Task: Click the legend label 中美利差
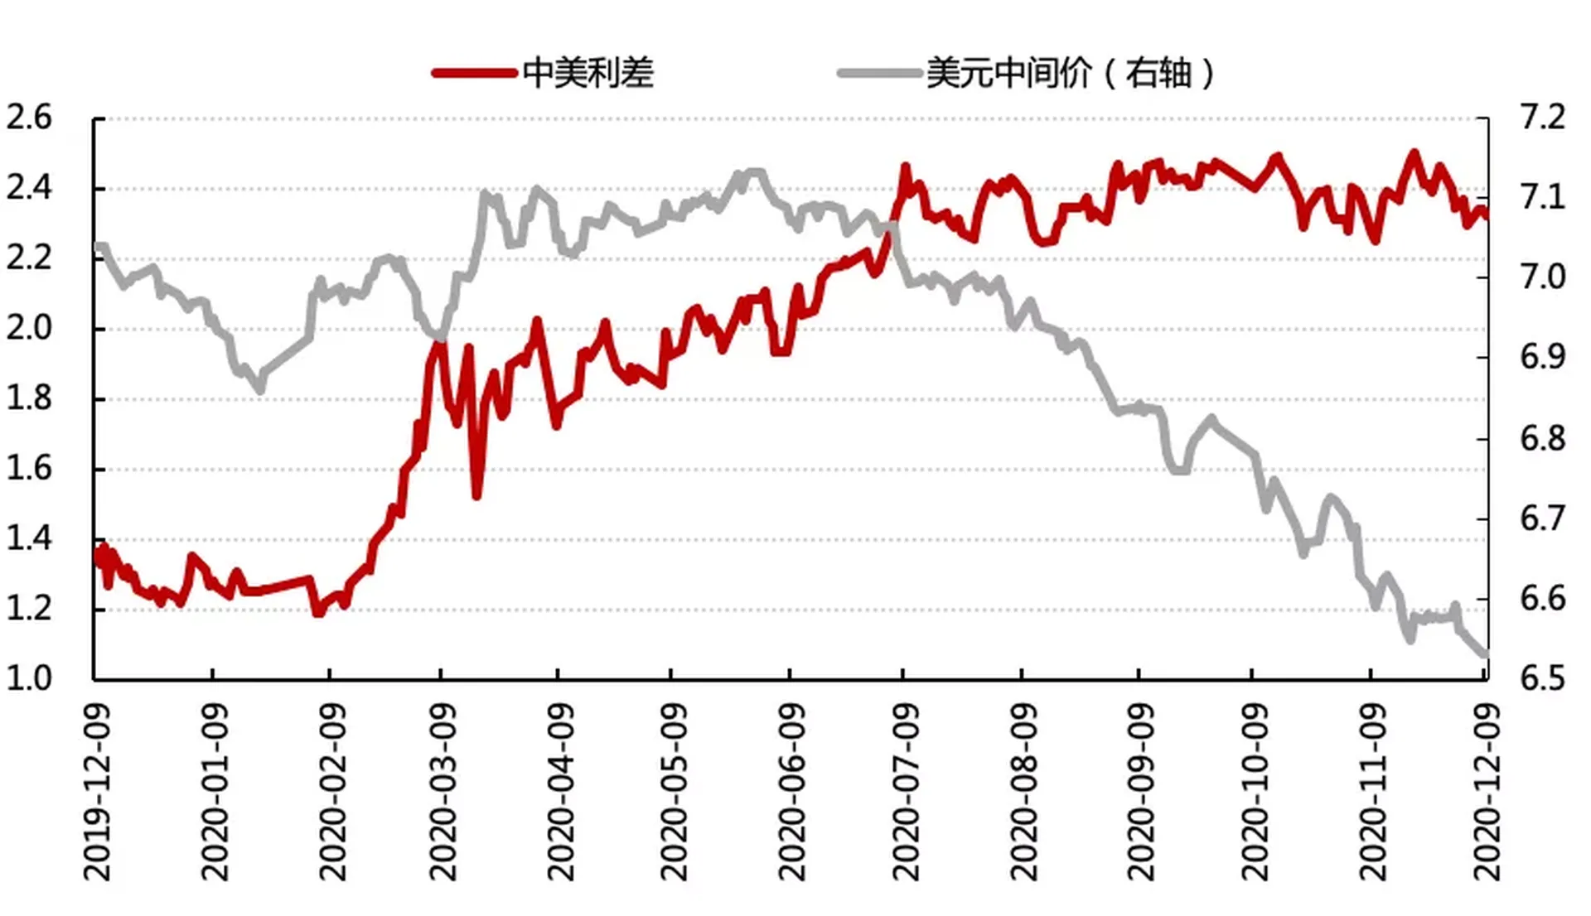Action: pos(588,73)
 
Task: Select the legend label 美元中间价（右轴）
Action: pos(1070,73)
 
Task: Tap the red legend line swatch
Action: pos(474,73)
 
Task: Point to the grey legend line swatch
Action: pos(879,73)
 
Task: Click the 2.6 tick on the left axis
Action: pos(29,118)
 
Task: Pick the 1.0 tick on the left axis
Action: pos(29,678)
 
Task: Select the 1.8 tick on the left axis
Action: pos(29,398)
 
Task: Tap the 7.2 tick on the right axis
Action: pos(1542,118)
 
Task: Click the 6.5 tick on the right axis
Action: pos(1542,678)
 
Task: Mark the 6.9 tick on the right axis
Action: pos(1542,357)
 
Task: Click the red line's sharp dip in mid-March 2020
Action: pos(476,495)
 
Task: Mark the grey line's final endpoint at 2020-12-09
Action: pos(1485,655)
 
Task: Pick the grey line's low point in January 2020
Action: pos(260,389)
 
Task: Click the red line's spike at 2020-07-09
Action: pos(905,167)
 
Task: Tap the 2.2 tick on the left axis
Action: pos(29,258)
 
